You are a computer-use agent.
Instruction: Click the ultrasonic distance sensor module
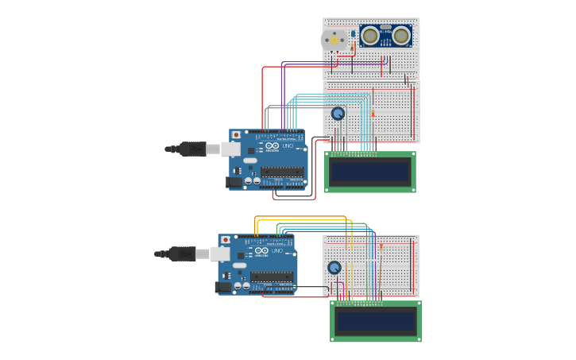(385, 36)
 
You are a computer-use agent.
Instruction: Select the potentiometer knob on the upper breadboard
(338, 114)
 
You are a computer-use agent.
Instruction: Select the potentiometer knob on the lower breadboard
(334, 268)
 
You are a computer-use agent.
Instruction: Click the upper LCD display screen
(371, 171)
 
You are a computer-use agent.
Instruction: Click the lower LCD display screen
(376, 321)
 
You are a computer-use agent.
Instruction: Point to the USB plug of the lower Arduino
(182, 254)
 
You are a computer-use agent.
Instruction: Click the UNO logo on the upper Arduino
(288, 146)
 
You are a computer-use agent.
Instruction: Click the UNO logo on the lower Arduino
(277, 251)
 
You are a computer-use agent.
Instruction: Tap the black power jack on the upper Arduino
(234, 182)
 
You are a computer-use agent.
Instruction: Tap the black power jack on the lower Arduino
(223, 287)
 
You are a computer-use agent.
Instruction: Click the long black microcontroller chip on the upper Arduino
(281, 172)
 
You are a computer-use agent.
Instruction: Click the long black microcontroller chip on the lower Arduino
(271, 277)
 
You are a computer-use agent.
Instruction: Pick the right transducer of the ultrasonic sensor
(401, 35)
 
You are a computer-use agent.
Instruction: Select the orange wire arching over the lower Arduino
(302, 216)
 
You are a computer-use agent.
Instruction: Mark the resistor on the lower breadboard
(381, 247)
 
